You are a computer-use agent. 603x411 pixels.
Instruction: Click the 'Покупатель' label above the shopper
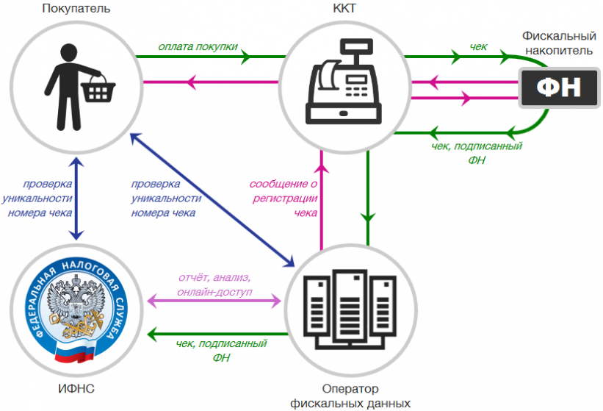(76, 9)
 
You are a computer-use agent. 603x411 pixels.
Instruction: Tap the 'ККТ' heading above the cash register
(344, 9)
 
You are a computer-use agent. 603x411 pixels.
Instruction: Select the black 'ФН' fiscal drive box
(559, 87)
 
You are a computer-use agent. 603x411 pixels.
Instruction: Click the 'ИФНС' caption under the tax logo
(76, 388)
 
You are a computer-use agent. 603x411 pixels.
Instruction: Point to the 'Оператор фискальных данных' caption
(350, 396)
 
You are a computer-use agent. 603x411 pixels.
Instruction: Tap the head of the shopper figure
(69, 54)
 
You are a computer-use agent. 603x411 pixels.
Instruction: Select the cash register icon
(344, 81)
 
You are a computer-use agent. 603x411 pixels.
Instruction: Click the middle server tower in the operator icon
(350, 306)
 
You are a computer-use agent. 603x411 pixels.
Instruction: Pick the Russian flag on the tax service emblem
(75, 352)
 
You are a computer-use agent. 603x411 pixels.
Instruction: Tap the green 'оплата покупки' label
(198, 46)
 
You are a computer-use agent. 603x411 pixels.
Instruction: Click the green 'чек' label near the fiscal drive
(478, 46)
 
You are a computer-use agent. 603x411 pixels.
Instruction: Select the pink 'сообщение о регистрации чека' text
(284, 199)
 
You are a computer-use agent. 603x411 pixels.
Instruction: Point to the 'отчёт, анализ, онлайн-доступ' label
(214, 285)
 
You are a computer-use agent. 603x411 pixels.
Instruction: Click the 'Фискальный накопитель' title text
(559, 43)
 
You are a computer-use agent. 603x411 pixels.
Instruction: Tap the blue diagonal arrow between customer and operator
(212, 200)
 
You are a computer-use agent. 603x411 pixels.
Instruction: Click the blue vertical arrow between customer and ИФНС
(76, 199)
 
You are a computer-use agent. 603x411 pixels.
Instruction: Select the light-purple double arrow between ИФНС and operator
(214, 301)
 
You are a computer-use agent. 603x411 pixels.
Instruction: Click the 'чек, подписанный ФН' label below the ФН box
(477, 153)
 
